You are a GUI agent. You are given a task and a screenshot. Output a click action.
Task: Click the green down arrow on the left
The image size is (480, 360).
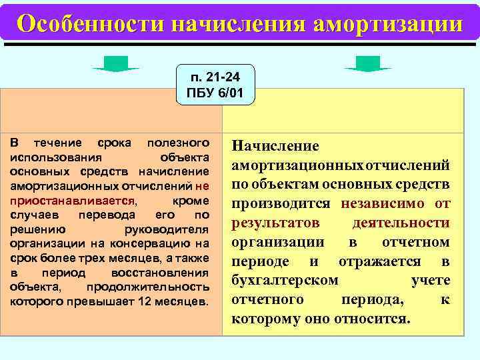pos(115,64)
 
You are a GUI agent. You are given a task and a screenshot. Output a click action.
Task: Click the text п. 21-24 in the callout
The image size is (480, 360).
pos(215,77)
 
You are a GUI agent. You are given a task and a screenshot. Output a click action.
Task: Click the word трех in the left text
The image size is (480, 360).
pos(95,257)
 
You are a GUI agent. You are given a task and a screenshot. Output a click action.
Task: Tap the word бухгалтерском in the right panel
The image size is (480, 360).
pos(285,280)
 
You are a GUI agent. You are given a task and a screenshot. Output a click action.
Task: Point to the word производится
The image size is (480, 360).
pos(283,203)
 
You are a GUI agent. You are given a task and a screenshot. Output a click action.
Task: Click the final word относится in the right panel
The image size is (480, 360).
pos(374,318)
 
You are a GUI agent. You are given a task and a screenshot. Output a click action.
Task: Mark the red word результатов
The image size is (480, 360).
pos(275,222)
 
